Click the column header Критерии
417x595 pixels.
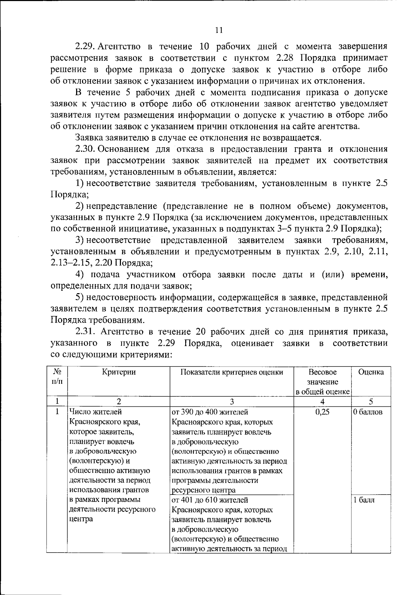pyautogui.click(x=119, y=372)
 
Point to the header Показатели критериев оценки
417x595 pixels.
pyautogui.click(x=232, y=372)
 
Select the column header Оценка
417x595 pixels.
pyautogui.click(x=371, y=372)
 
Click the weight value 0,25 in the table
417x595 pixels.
pyautogui.click(x=322, y=412)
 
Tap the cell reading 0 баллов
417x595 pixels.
pyautogui.click(x=368, y=412)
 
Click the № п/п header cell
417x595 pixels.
pyautogui.click(x=57, y=377)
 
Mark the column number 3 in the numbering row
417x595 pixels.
pyautogui.click(x=232, y=402)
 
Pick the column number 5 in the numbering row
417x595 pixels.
pyautogui.click(x=371, y=402)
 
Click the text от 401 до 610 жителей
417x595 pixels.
pyautogui.click(x=210, y=500)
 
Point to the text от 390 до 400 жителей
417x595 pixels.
pyautogui.click(x=210, y=412)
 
